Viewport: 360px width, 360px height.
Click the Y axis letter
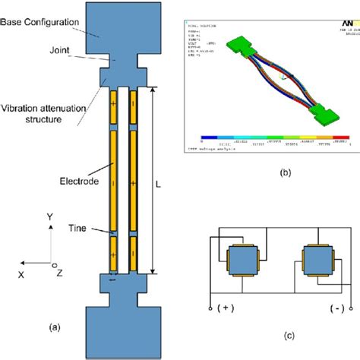click(49, 216)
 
